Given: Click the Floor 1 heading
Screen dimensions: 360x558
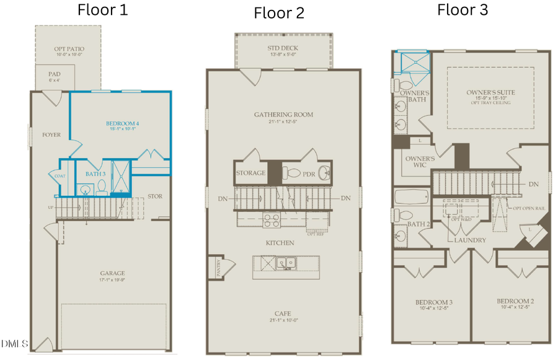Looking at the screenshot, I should (x=102, y=10).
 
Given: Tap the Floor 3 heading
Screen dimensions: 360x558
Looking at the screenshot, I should (x=463, y=10).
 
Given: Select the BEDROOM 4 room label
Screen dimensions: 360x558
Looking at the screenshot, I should (x=122, y=123).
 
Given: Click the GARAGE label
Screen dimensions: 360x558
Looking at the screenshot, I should (x=113, y=273).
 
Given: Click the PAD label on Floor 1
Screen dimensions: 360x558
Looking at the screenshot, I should (x=55, y=74).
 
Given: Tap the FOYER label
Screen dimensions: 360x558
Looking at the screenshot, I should (x=51, y=134).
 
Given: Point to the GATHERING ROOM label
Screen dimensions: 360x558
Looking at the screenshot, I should (x=283, y=115).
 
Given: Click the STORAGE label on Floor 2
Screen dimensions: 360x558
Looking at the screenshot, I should (x=251, y=173).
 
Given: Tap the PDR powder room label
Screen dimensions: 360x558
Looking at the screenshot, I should (x=309, y=174).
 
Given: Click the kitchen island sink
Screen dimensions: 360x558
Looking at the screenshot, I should (x=286, y=263).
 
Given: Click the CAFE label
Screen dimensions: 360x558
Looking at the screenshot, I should (x=283, y=314).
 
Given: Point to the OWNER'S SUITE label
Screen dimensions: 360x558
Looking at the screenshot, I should (x=490, y=93).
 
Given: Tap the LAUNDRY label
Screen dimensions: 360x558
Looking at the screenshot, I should (x=469, y=239).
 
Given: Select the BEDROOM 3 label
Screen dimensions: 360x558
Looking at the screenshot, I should (x=433, y=302).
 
